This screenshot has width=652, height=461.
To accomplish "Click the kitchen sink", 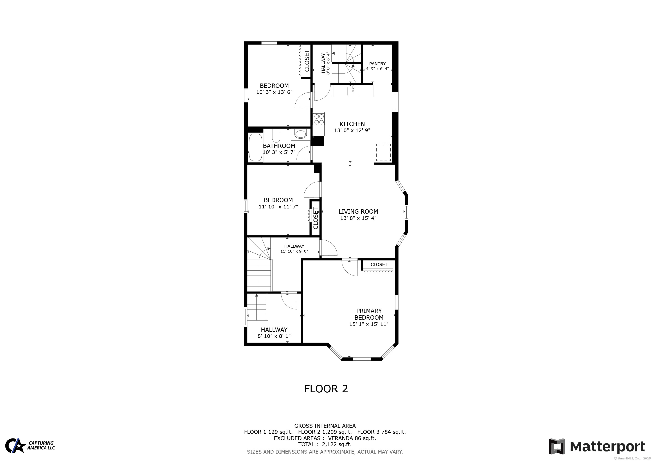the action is coord(353,91).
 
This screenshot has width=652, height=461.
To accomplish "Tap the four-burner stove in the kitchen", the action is coord(319,119).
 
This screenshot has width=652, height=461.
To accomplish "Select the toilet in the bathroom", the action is coord(276,136).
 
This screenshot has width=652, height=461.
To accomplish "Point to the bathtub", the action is coord(255,147).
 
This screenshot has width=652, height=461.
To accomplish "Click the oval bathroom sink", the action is coord(300,134).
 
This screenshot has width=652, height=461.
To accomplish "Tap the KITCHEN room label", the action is coord(352,124).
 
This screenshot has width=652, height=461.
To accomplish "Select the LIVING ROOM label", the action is coord(358,212).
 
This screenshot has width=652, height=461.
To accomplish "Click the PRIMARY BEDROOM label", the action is coord(369,314).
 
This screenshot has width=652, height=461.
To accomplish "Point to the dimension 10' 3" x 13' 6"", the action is coord(274,92).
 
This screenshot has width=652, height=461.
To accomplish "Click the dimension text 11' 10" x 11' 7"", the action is coord(278,207).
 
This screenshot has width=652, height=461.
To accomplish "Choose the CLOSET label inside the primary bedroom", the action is coord(379,264).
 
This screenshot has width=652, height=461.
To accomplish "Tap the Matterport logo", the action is coord(597,447).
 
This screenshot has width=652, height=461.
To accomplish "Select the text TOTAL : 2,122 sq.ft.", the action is coord(325,444).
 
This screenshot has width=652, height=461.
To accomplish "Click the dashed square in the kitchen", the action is coord(383,152).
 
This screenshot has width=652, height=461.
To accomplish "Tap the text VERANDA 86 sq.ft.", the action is coord(352,438).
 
